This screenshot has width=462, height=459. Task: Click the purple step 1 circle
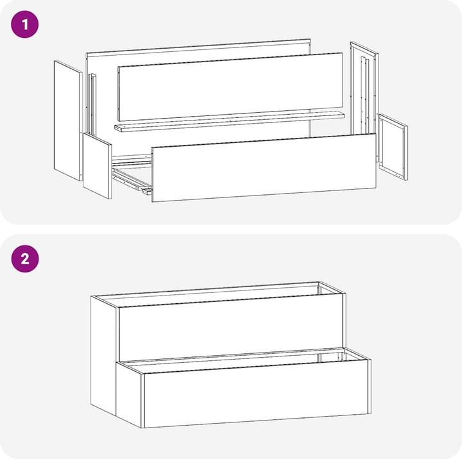25,24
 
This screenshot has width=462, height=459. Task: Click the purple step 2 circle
25,259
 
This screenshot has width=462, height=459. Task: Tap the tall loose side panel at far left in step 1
68,121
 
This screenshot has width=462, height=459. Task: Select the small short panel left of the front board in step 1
98,166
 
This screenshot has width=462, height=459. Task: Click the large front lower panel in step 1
264,168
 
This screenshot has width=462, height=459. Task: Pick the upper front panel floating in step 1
230,87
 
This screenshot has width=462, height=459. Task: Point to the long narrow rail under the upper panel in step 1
230,122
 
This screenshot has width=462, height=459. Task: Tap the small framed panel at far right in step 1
393,147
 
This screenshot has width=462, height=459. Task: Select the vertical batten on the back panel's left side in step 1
92,104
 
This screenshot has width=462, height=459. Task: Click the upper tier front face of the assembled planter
231,328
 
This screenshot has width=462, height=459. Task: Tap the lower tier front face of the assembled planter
256,393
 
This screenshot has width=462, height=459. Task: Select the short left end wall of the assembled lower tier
130,394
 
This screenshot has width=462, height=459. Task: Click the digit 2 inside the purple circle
25,259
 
